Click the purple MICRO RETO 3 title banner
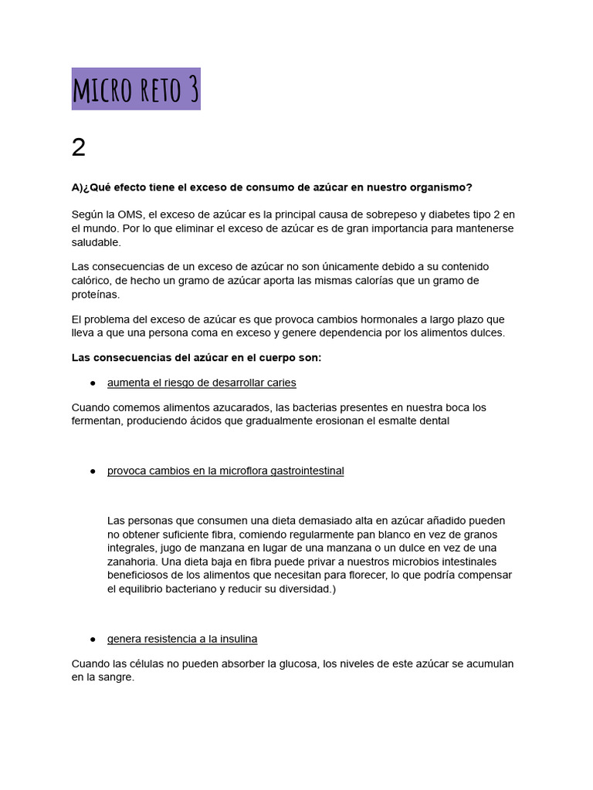click(x=136, y=89)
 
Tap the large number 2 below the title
click(x=79, y=147)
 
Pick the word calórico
click(x=93, y=281)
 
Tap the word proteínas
click(x=96, y=295)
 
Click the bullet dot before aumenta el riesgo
click(x=92, y=383)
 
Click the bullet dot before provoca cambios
click(x=92, y=471)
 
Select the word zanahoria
click(x=131, y=562)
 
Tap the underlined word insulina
click(x=236, y=639)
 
